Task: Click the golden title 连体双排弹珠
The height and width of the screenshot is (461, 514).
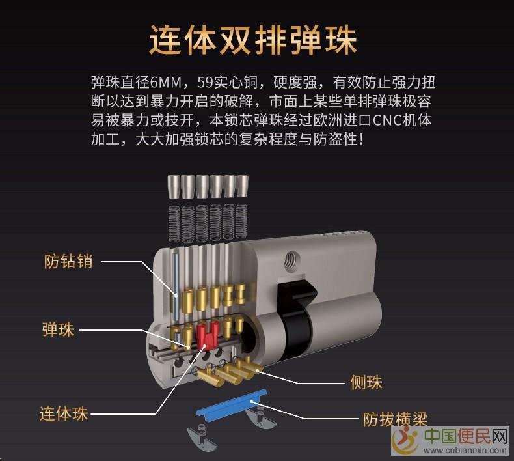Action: [x=252, y=40]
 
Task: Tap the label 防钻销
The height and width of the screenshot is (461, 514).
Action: [x=68, y=262]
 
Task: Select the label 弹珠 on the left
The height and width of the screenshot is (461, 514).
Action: [x=58, y=329]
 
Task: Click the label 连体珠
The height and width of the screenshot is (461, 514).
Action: [x=64, y=413]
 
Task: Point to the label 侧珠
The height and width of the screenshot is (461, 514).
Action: [x=366, y=382]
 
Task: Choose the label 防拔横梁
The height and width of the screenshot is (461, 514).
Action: [x=395, y=419]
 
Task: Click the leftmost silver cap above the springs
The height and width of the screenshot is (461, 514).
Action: [x=174, y=186]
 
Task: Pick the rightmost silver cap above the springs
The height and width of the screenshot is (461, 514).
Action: [x=242, y=186]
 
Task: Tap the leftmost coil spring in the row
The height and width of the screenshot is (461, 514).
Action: [x=174, y=224]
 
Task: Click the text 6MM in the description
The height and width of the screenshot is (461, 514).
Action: [x=166, y=82]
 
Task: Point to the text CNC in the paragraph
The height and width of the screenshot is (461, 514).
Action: [x=388, y=120]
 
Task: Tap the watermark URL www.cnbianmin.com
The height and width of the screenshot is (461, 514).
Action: [x=465, y=450]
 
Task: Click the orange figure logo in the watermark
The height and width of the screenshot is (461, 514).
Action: [x=405, y=440]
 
